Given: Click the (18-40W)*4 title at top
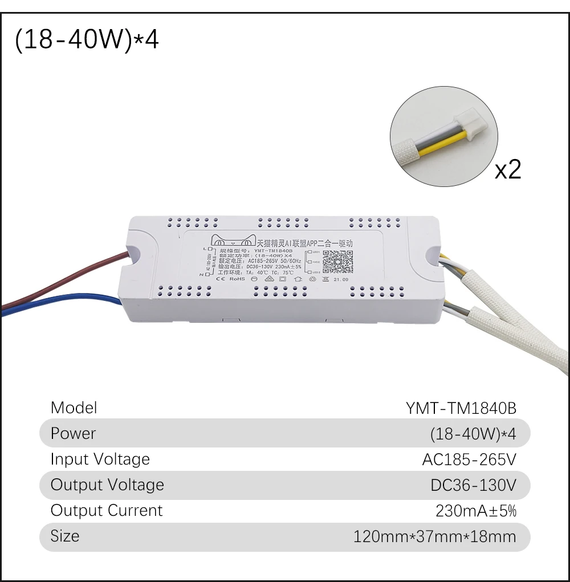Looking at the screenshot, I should pos(87,42).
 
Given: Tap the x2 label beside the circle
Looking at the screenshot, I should pos(507,169).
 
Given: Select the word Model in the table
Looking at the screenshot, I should pos(74,408).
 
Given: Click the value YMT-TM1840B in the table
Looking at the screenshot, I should pos(461,408).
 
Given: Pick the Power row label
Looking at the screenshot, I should pos(73,433).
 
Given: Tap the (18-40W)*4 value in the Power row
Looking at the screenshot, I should pos(473,434).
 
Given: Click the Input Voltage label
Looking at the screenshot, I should pos(100,459).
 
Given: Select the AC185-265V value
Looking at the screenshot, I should pos(469,459).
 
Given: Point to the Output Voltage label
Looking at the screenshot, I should pos(107,485).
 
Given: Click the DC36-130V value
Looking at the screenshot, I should pos(473,485).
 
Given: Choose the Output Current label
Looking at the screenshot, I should pos(107,510).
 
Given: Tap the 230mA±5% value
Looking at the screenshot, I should pos(476,511).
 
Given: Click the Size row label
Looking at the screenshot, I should pos(64,536).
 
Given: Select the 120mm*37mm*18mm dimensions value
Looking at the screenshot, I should pos(434,536).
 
